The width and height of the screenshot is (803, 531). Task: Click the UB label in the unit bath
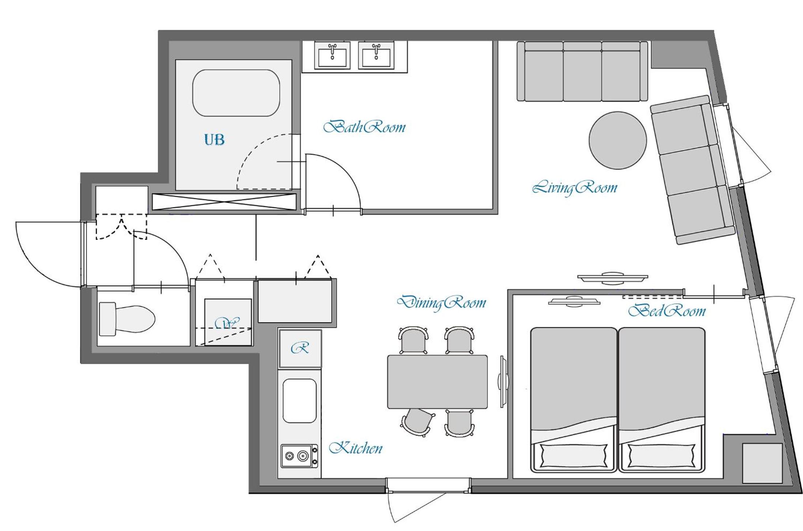pyautogui.click(x=214, y=139)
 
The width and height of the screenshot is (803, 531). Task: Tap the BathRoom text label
pyautogui.click(x=365, y=127)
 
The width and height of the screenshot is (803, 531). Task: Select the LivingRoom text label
pyautogui.click(x=574, y=188)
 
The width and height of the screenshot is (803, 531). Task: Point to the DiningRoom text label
pyautogui.click(x=442, y=303)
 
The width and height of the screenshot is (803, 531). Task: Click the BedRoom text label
pyautogui.click(x=667, y=311)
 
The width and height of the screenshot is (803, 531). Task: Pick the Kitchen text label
pyautogui.click(x=355, y=448)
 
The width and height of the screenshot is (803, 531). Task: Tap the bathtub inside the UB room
pyautogui.click(x=236, y=93)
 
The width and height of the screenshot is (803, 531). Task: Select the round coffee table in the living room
pyautogui.click(x=618, y=140)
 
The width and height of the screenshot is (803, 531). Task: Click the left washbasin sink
pyautogui.click(x=332, y=55)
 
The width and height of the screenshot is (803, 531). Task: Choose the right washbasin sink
pyautogui.click(x=376, y=55)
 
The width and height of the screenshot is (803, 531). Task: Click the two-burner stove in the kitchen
pyautogui.click(x=299, y=456)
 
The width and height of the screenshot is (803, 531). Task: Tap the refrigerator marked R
pyautogui.click(x=300, y=348)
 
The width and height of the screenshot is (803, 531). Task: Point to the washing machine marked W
pyautogui.click(x=228, y=322)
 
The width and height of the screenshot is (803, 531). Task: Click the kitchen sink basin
pyautogui.click(x=299, y=401)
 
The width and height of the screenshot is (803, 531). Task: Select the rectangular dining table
pyautogui.click(x=437, y=382)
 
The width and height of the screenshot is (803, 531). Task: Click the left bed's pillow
pyautogui.click(x=573, y=455)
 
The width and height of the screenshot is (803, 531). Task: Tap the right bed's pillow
pyautogui.click(x=661, y=455)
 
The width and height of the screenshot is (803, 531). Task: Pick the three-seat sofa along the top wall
pyautogui.click(x=582, y=71)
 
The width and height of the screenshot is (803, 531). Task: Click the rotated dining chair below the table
pyautogui.click(x=418, y=422)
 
